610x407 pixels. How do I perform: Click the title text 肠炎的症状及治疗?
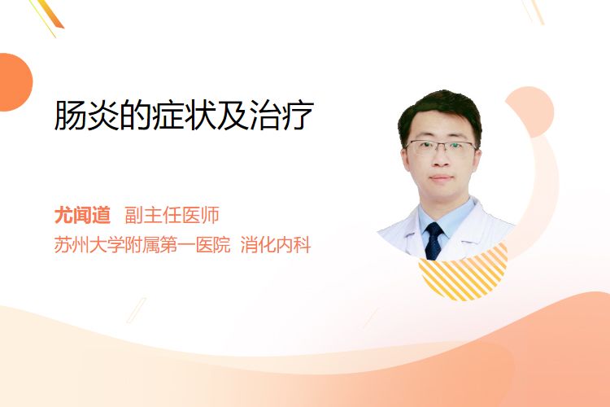click(184, 115)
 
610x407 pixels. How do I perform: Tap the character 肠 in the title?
click(70, 115)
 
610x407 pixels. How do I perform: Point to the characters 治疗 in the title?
click(282, 115)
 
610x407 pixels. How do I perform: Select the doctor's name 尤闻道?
click(82, 216)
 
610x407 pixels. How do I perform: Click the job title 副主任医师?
click(172, 216)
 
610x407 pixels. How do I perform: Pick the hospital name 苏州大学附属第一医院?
click(142, 245)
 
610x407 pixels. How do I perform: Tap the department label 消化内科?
click(276, 245)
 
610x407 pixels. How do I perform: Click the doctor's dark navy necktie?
click(434, 241)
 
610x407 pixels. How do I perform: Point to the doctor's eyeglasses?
click(441, 147)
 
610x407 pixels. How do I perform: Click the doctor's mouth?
click(441, 177)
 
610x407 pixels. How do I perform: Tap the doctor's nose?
click(441, 160)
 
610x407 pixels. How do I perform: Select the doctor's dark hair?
click(439, 113)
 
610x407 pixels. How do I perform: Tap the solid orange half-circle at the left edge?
click(15, 82)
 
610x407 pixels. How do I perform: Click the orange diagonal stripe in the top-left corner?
click(50, 15)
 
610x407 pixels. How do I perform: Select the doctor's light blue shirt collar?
click(447, 220)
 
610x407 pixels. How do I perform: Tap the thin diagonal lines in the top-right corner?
click(534, 11)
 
